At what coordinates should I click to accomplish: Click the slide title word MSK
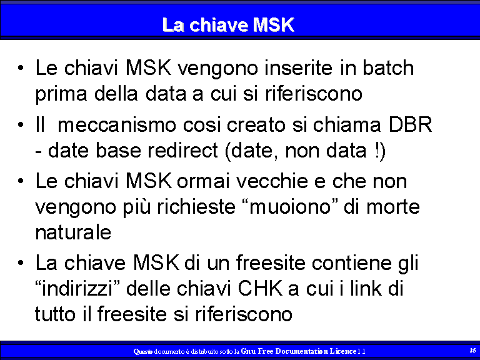coord(274,25)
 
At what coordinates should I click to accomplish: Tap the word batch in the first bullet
coord(388,67)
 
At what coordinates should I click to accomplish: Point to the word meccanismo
coord(117,124)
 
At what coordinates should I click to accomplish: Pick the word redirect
coord(182,150)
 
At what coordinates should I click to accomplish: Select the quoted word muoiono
coord(289,207)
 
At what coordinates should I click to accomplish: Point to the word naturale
coord(73,232)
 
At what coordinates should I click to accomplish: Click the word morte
coord(393,207)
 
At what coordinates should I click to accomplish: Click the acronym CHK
coord(260,288)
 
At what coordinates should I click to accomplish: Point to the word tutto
coord(55,314)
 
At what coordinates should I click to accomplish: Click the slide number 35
coord(472,350)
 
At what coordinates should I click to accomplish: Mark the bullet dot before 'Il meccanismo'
coord(21,125)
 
